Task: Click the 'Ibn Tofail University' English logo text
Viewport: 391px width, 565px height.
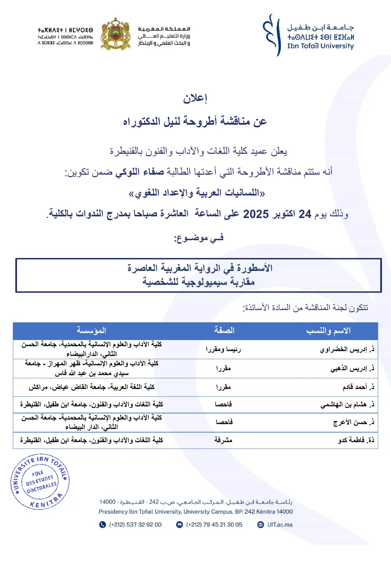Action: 320,46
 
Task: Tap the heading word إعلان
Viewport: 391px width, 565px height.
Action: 195,98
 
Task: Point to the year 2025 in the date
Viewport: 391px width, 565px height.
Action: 256,214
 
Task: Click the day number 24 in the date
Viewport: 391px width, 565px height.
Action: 305,214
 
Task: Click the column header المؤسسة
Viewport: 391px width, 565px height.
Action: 91,330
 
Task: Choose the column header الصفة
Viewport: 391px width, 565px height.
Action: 224,330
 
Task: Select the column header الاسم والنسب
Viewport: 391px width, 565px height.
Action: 328,331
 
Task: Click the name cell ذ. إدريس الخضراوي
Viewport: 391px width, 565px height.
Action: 347,349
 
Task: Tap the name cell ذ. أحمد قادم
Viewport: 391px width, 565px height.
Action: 358,387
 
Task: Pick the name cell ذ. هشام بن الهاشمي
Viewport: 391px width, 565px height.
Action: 347,404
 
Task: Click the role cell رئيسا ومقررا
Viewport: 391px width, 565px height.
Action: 223,349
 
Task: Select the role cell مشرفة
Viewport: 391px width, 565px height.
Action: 223,440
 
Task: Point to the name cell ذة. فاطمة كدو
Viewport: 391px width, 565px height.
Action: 356,440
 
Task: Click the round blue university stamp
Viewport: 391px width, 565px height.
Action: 40,482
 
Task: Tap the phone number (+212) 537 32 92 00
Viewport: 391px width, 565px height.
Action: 135,525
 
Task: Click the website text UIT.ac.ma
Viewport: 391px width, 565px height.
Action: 280,525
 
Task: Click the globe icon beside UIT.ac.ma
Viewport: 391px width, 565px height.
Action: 261,525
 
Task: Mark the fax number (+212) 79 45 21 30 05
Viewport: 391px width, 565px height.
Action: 214,525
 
